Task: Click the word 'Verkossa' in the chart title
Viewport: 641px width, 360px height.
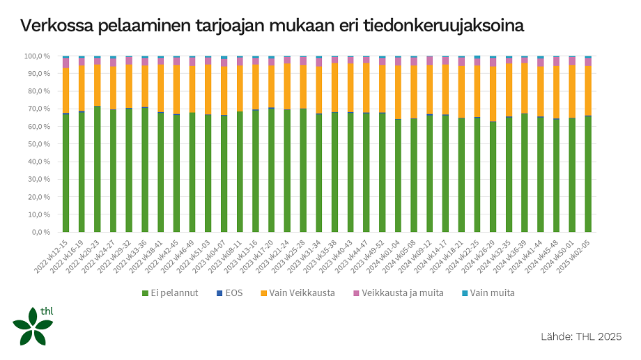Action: click(59, 26)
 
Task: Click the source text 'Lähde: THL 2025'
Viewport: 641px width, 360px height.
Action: click(580, 337)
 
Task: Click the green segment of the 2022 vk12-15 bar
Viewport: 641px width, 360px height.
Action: click(65, 174)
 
